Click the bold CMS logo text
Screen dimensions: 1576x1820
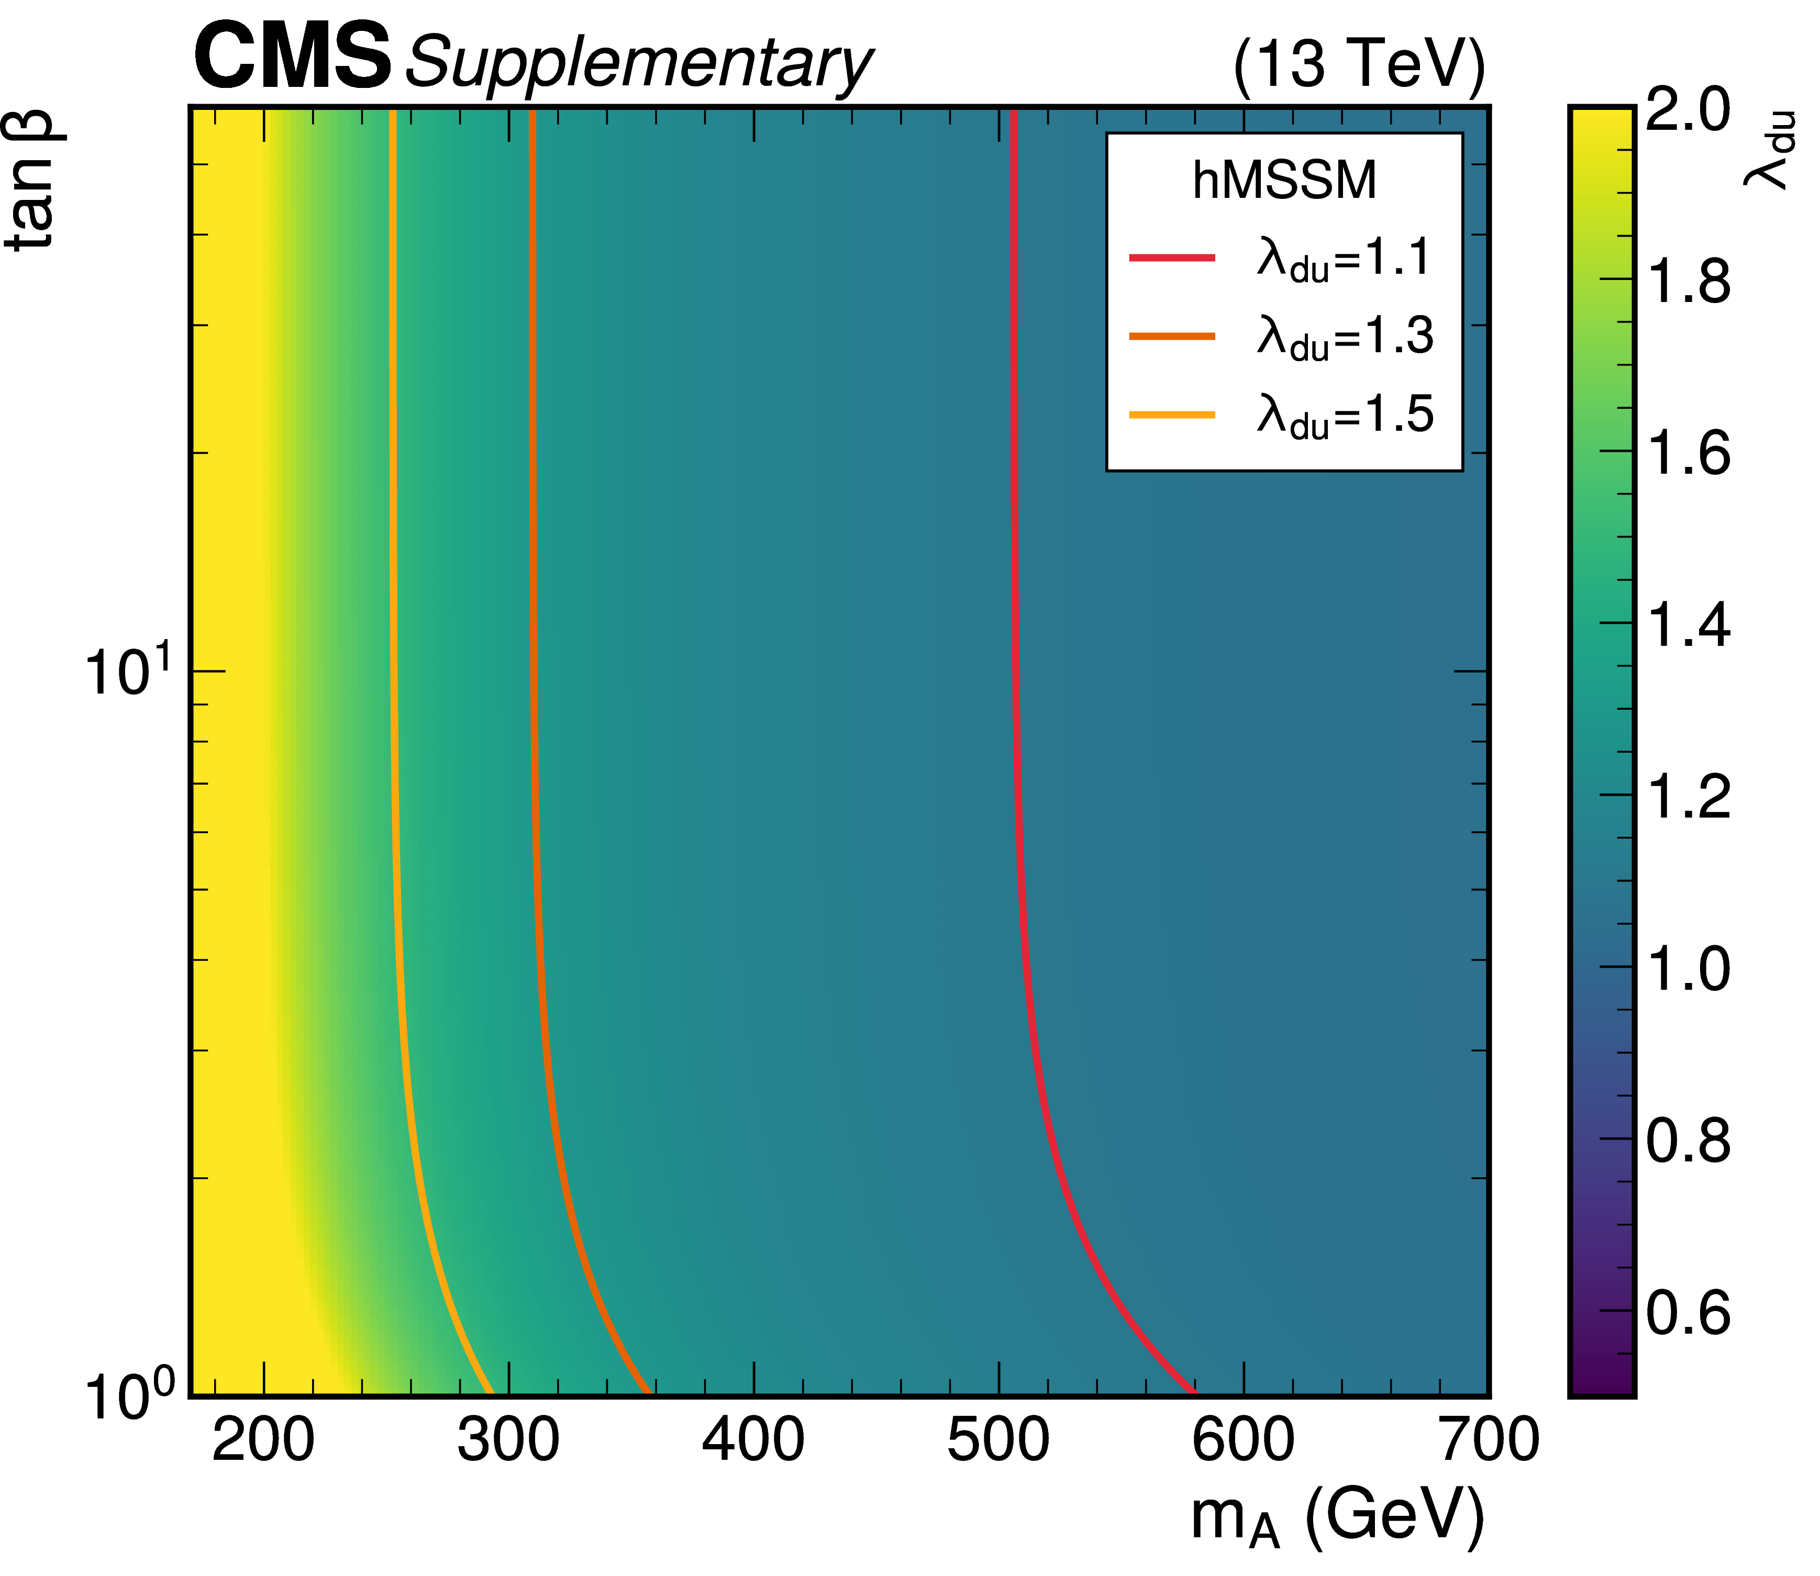pos(292,58)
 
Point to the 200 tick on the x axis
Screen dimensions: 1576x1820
pos(263,1441)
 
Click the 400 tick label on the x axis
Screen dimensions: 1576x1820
pos(753,1441)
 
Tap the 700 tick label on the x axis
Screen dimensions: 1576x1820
pos(1488,1441)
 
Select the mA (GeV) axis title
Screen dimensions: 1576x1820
pos(1337,1518)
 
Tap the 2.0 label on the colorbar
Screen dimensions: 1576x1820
pos(1687,111)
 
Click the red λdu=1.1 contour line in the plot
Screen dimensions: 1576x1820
pos(1015,616)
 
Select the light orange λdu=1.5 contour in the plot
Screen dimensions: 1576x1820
pos(393,616)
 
